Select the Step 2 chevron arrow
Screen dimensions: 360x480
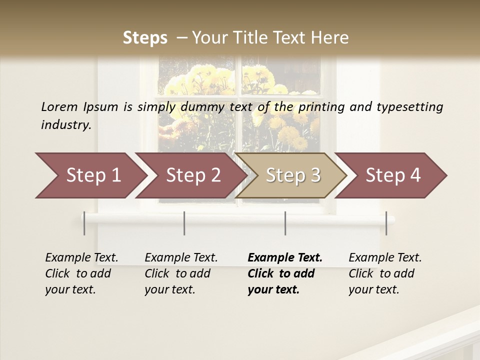tap(193, 175)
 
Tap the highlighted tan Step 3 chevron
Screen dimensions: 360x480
tap(293, 175)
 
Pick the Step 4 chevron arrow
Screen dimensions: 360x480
tap(393, 175)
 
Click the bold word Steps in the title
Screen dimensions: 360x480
tap(145, 37)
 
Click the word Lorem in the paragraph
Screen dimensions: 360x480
tap(59, 106)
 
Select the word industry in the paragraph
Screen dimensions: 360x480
tap(66, 125)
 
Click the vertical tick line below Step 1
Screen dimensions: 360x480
tap(84, 223)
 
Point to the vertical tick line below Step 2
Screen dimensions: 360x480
tap(184, 223)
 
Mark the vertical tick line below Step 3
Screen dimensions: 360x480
tap(285, 223)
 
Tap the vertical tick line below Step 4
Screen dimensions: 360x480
tap(386, 223)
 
